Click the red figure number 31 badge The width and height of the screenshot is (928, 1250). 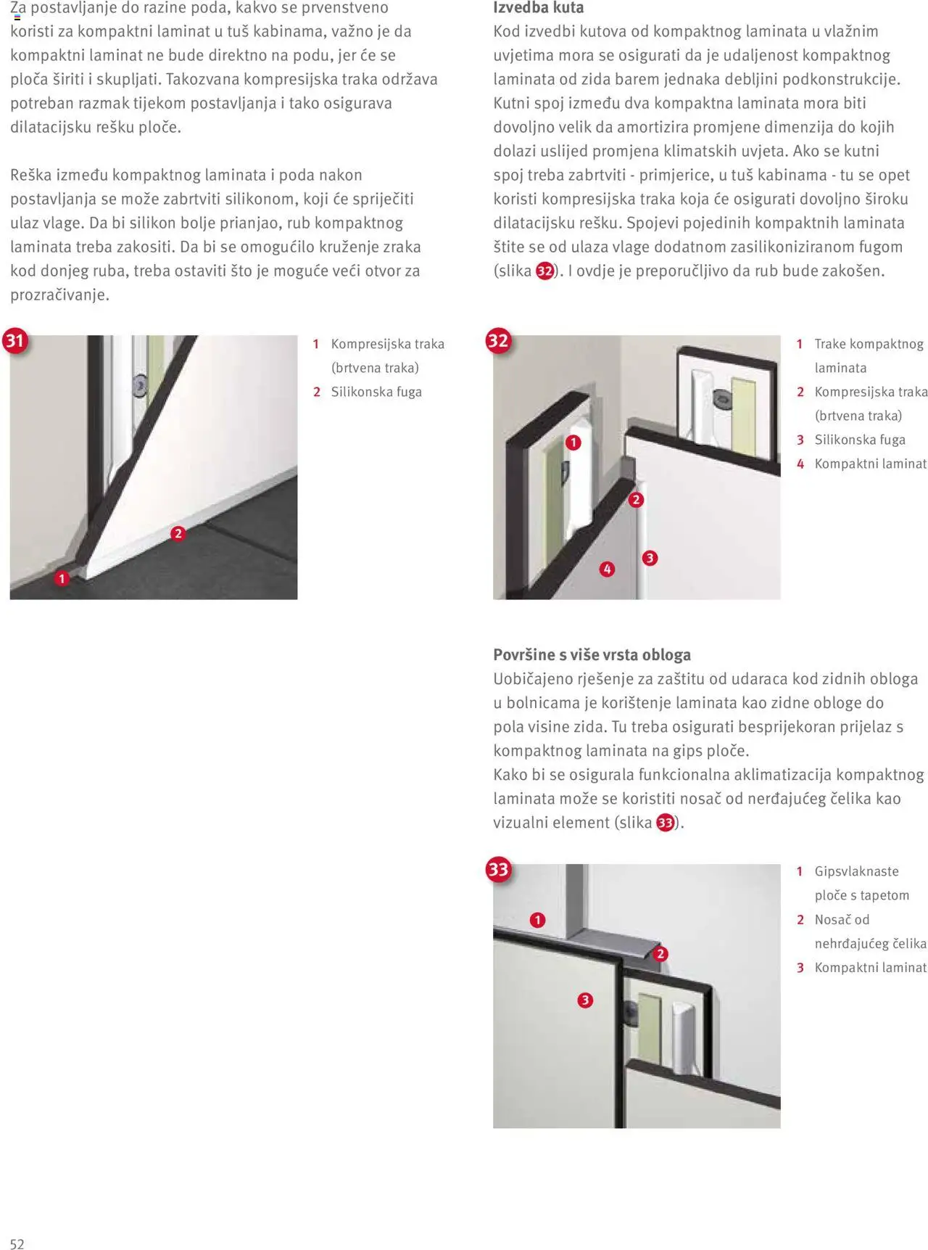pos(14,340)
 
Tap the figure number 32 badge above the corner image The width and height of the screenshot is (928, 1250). pos(498,340)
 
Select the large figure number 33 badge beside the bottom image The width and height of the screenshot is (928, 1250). pos(498,869)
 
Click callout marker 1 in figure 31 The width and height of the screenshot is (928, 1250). pos(62,578)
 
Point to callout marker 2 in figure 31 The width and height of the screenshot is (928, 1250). pos(178,534)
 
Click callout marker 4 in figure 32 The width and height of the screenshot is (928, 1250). pos(607,570)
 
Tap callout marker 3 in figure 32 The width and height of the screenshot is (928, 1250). pos(650,558)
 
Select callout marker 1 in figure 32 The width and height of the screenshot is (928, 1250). pos(573,443)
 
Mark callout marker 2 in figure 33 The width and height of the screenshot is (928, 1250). pos(660,953)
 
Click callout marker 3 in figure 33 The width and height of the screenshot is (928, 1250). pos(585,1000)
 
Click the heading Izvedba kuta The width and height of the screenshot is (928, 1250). pos(538,8)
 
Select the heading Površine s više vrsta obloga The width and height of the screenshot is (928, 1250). pos(592,654)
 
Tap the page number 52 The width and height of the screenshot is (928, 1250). pos(17,1243)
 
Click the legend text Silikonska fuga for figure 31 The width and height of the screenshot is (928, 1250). pos(376,392)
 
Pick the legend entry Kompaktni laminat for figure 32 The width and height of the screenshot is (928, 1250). pos(870,464)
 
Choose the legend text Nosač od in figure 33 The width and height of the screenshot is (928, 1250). pos(841,919)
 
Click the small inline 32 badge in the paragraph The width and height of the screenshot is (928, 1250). pos(544,271)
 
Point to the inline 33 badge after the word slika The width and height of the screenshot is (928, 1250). pos(665,823)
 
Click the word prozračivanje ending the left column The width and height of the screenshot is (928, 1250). pos(59,295)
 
